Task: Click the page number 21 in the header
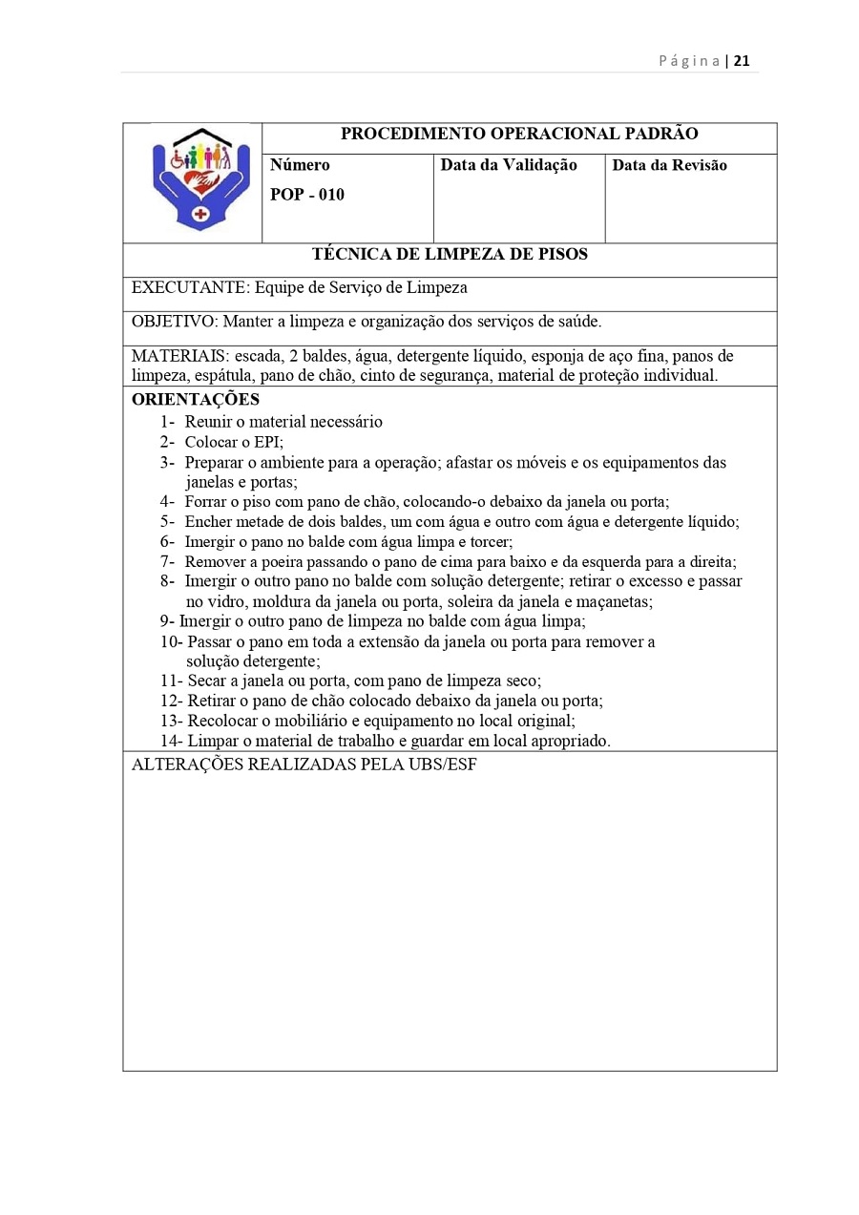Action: (742, 61)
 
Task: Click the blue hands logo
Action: (200, 178)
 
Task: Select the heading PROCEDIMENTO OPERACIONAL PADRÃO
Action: (519, 135)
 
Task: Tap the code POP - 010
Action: (307, 196)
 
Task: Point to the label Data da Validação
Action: (509, 165)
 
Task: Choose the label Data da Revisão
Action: (669, 165)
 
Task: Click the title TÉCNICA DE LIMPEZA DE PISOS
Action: (450, 255)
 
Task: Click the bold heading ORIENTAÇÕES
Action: (196, 400)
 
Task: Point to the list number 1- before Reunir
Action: (167, 422)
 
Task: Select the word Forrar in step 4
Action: (207, 502)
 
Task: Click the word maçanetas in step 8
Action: (617, 602)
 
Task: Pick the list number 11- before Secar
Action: (171, 681)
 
